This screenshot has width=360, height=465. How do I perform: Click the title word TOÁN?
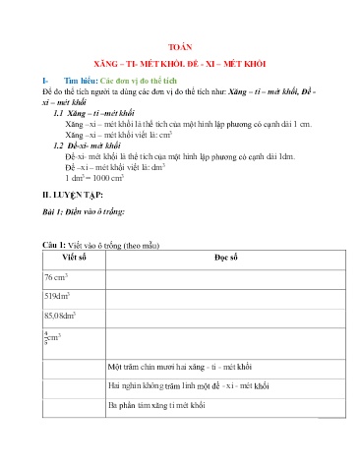pos(179,45)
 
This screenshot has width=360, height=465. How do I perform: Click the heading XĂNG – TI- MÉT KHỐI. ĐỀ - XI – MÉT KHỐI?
pos(179,61)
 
